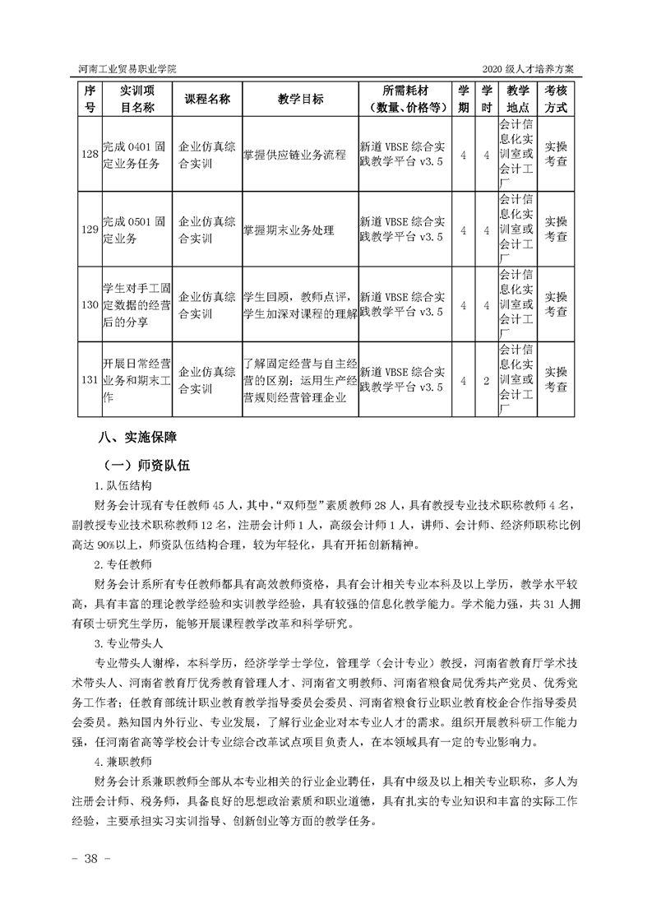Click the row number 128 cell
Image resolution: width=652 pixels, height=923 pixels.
click(90, 155)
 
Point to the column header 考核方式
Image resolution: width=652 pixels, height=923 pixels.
click(557, 99)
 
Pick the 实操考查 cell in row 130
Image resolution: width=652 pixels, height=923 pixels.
click(557, 304)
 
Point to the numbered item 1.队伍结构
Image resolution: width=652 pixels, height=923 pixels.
click(123, 486)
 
